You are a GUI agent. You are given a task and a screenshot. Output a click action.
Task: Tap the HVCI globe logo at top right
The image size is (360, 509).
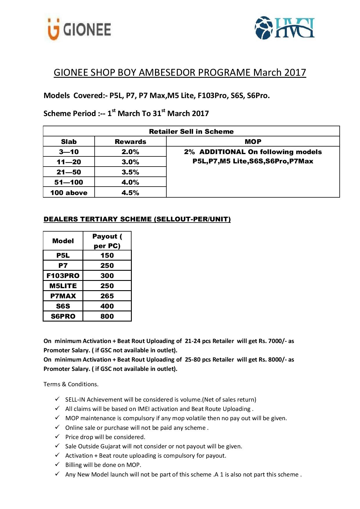[284, 28]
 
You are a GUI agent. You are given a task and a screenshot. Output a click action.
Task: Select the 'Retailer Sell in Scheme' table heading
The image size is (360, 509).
[191, 131]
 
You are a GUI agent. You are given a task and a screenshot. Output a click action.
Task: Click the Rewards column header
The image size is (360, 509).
[130, 142]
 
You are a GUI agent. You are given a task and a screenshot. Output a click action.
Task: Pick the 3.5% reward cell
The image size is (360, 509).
[130, 172]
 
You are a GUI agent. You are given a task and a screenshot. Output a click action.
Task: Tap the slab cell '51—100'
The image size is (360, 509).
[69, 182]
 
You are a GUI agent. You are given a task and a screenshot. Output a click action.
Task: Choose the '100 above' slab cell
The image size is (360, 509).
[69, 193]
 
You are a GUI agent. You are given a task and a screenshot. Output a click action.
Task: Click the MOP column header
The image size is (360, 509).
[253, 142]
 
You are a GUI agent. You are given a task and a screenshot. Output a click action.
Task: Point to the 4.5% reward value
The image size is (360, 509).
[130, 193]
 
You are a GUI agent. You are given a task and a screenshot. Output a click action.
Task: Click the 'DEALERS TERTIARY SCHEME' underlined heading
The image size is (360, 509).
[137, 219]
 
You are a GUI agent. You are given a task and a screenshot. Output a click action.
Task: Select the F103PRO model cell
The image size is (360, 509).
[63, 276]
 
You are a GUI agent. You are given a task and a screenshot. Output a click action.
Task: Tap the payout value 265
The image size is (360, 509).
[107, 296]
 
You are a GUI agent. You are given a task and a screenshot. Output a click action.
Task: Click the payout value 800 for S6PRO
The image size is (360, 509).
[107, 316]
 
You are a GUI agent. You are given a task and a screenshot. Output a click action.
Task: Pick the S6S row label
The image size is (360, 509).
[63, 306]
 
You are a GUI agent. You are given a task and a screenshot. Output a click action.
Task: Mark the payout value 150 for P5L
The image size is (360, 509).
[107, 255]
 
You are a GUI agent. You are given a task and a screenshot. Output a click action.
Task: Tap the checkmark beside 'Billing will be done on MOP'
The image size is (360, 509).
[57, 464]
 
